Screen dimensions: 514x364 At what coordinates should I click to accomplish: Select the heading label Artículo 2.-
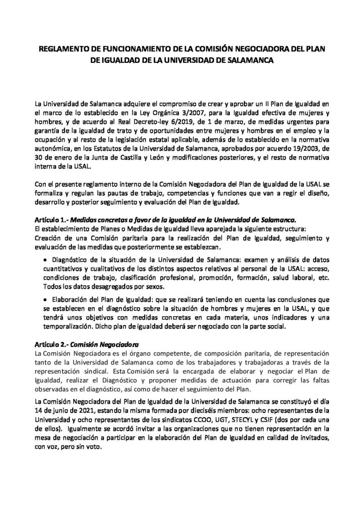coord(52,346)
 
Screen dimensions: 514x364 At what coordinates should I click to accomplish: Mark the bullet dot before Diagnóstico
coord(47,260)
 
